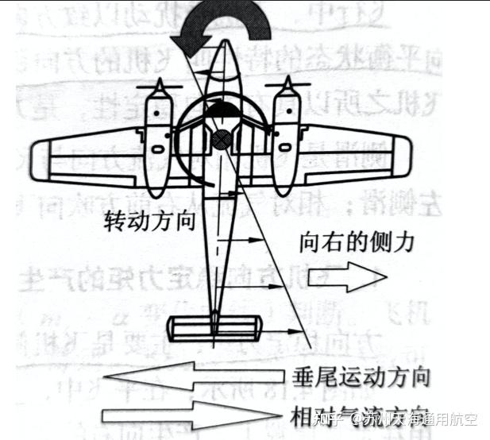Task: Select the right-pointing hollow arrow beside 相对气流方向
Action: point(191,415)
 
